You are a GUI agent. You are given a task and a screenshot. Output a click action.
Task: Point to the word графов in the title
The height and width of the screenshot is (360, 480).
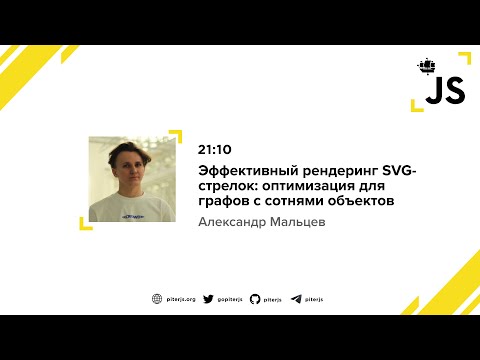click(x=222, y=201)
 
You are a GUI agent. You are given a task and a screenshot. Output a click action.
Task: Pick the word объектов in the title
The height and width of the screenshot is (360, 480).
click(x=360, y=201)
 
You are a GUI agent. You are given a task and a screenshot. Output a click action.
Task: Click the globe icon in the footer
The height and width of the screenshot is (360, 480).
click(x=157, y=298)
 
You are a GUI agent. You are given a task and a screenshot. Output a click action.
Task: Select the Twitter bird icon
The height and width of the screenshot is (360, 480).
click(x=209, y=298)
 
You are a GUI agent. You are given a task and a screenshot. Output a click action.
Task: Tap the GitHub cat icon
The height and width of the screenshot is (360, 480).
click(x=255, y=298)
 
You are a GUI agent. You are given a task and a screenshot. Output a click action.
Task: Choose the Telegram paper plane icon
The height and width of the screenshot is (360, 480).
click(x=296, y=298)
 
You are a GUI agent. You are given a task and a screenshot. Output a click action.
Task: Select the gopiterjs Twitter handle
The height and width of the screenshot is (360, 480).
click(x=229, y=298)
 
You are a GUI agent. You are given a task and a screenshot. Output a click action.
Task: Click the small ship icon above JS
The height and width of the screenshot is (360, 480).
click(x=427, y=67)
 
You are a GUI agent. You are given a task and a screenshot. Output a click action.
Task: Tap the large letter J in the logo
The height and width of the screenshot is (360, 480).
click(x=432, y=93)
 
